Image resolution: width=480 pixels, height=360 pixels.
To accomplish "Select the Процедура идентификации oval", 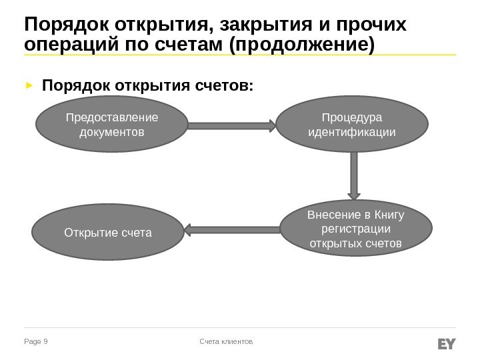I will click(x=351, y=124).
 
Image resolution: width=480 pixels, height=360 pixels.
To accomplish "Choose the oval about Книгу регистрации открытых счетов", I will click(x=356, y=229).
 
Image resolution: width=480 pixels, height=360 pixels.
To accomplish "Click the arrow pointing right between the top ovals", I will click(x=231, y=124).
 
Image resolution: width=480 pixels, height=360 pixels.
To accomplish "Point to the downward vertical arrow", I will click(x=353, y=175).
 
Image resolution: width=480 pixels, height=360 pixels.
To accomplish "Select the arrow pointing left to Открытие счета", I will click(x=231, y=230).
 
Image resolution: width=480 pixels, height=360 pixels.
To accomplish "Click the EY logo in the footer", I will click(x=446, y=343).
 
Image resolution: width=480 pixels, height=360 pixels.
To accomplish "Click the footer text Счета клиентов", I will click(x=226, y=342).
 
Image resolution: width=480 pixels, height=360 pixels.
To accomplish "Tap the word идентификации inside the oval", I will click(x=351, y=131).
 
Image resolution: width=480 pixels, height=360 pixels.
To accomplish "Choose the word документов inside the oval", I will click(x=112, y=131).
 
